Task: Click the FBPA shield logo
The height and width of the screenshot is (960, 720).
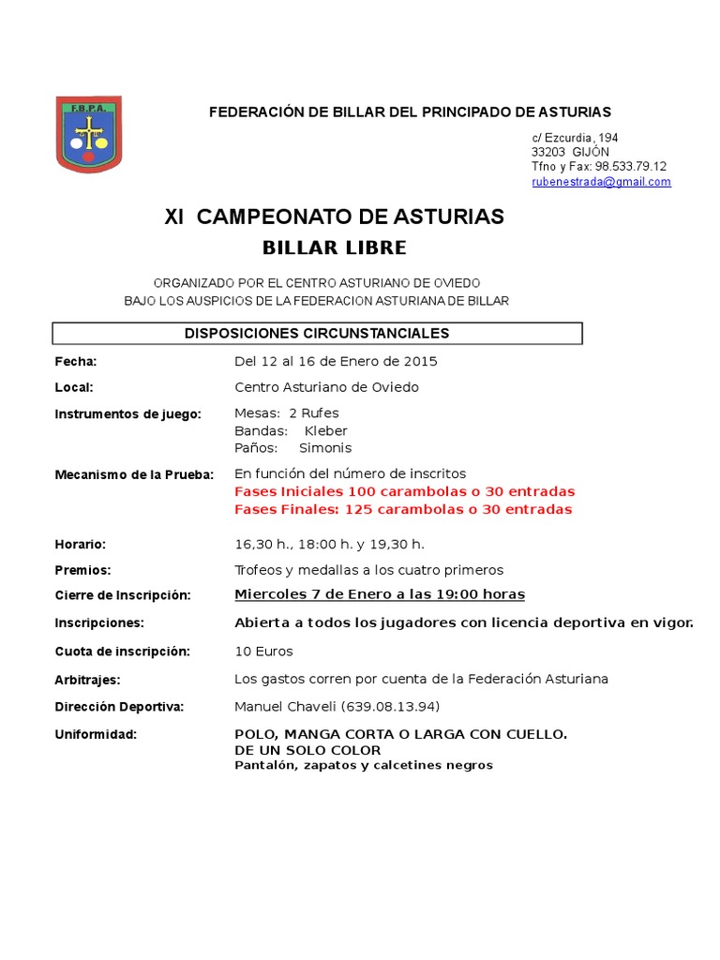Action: (x=88, y=134)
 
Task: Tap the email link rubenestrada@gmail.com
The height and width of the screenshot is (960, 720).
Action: (x=601, y=182)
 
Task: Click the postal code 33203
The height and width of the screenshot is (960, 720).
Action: (x=548, y=152)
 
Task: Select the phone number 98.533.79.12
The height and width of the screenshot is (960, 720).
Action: (x=631, y=167)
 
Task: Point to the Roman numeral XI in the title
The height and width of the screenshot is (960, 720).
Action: (x=175, y=217)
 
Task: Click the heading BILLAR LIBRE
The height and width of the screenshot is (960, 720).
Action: (x=334, y=248)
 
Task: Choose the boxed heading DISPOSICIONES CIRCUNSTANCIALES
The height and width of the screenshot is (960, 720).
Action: (x=317, y=334)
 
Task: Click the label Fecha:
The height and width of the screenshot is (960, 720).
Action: (x=76, y=362)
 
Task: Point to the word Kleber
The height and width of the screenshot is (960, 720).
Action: (x=326, y=431)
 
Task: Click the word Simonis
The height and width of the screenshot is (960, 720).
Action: (x=325, y=448)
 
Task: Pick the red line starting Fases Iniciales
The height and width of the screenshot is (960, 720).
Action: (x=404, y=491)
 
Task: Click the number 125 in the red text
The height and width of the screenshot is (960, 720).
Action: (x=359, y=510)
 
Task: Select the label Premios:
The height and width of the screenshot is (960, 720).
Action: (x=82, y=570)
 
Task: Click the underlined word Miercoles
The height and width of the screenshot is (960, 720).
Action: (x=270, y=594)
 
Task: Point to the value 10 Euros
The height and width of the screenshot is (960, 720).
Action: (x=263, y=652)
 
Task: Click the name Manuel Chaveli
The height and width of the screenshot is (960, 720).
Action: (x=285, y=707)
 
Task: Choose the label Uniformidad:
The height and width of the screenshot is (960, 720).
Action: (x=96, y=735)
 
